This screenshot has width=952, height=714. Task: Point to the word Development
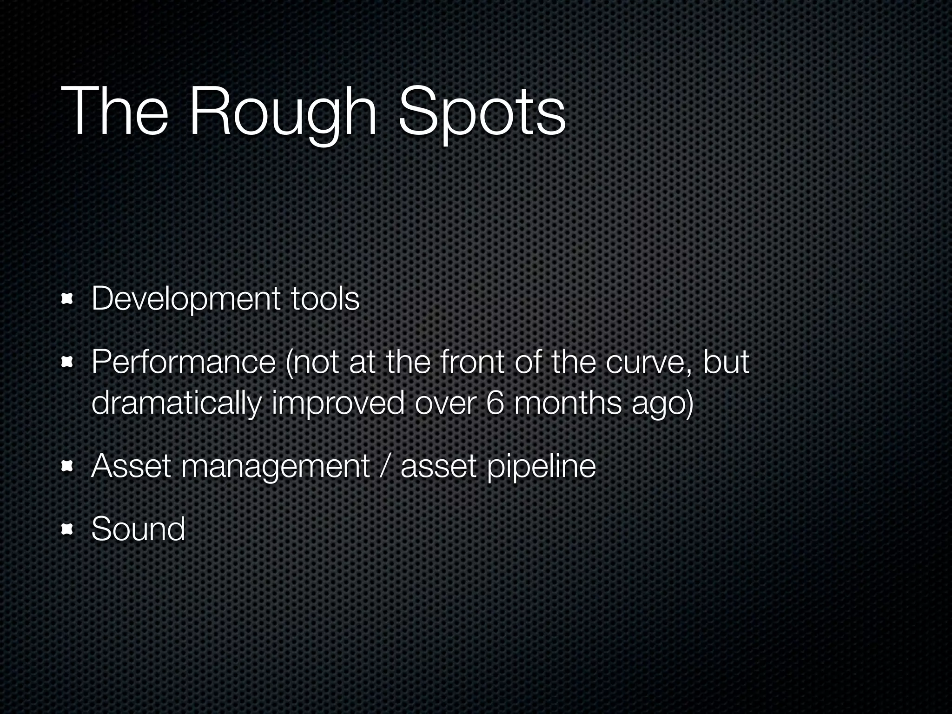185,299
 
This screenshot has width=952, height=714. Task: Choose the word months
568,403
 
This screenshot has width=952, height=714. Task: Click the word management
275,467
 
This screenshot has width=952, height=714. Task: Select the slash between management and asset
384,466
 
